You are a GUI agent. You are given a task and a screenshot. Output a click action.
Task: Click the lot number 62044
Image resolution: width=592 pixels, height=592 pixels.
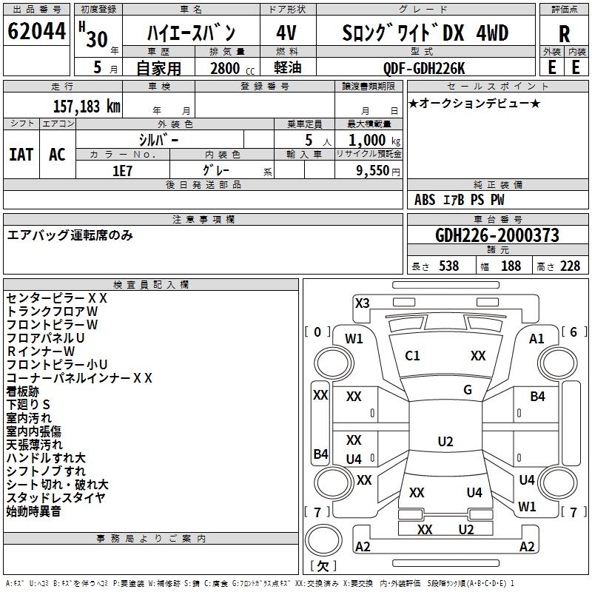pyautogui.click(x=36, y=33)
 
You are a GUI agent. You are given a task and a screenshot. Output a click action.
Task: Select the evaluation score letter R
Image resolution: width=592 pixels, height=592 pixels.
pyautogui.click(x=564, y=33)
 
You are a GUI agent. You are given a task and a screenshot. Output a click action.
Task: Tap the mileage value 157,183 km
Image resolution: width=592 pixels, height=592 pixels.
pyautogui.click(x=87, y=106)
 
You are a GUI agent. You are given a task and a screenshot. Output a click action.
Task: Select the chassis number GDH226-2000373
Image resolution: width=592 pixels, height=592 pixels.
pyautogui.click(x=497, y=235)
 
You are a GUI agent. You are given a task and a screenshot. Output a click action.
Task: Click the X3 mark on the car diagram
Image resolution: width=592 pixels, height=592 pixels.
pyautogui.click(x=362, y=303)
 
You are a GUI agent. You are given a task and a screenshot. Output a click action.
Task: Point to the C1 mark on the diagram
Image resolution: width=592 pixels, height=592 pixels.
pyautogui.click(x=412, y=356)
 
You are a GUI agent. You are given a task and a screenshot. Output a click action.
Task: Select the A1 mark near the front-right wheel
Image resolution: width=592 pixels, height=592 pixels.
pyautogui.click(x=536, y=338)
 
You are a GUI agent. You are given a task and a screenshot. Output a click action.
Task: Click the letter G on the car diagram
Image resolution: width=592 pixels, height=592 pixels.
pyautogui.click(x=468, y=390)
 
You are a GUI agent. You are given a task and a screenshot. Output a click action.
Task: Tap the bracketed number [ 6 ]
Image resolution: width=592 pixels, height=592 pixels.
pyautogui.click(x=573, y=332)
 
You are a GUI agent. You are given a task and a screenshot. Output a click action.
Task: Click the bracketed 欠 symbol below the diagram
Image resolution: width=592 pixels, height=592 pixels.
pyautogui.click(x=322, y=566)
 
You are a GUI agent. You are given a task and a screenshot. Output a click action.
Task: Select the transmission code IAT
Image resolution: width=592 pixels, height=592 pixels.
pyautogui.click(x=21, y=154)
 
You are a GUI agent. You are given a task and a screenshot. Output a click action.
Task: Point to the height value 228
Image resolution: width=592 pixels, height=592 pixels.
pyautogui.click(x=570, y=266)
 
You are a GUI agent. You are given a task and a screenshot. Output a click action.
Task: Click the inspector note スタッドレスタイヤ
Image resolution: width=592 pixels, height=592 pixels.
pyautogui.click(x=55, y=497)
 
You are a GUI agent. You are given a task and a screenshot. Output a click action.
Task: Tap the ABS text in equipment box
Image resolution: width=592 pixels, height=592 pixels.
pyautogui.click(x=425, y=200)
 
